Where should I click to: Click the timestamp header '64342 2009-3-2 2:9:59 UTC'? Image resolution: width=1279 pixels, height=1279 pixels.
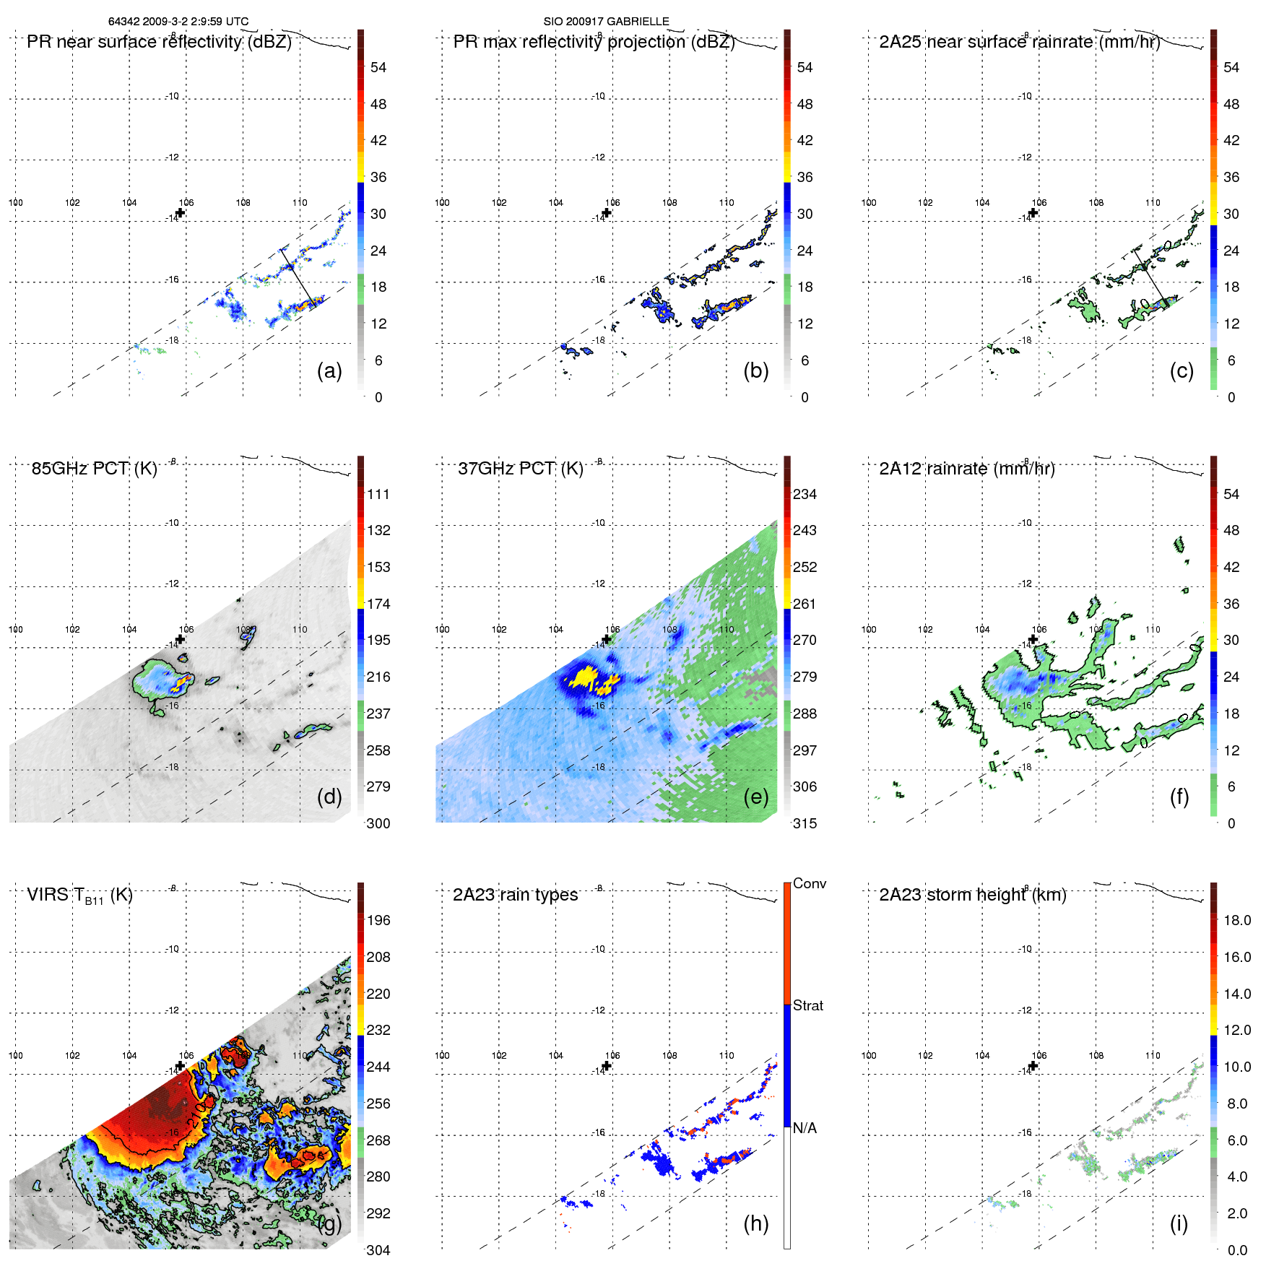pos(178,22)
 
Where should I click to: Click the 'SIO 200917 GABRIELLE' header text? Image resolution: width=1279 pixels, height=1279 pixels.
pos(606,22)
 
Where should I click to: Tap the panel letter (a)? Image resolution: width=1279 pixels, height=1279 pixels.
pos(329,370)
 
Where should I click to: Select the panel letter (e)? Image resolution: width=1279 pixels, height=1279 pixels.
pos(755,797)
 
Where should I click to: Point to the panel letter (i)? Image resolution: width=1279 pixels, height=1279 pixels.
pos(1179,1223)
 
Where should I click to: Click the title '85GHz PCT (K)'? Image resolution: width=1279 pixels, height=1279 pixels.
pos(94,469)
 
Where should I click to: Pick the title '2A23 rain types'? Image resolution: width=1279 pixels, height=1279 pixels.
pos(515,895)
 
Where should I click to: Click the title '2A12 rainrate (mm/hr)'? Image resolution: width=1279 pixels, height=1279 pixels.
pos(966,469)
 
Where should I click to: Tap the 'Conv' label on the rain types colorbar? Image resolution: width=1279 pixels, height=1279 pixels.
pos(809,883)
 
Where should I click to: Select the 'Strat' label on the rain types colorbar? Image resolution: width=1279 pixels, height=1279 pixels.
pos(807,1005)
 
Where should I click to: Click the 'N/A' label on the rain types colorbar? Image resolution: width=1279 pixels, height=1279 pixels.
pos(805,1128)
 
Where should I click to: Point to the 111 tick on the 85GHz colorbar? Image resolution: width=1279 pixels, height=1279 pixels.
pos(378,494)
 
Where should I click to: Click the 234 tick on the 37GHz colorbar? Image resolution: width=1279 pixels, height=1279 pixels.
pos(805,494)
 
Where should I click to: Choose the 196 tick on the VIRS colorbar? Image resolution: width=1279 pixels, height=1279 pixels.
pos(378,920)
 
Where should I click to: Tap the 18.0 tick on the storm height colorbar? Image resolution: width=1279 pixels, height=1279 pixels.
pos(1236,920)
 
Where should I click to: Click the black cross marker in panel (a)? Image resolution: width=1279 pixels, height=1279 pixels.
pos(181,212)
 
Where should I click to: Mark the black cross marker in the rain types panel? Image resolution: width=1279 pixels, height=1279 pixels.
pos(607,1065)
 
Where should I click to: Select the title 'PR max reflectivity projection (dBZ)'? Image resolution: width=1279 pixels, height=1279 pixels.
pos(594,42)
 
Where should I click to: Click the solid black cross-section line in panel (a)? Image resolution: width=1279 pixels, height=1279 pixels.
pos(297,274)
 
